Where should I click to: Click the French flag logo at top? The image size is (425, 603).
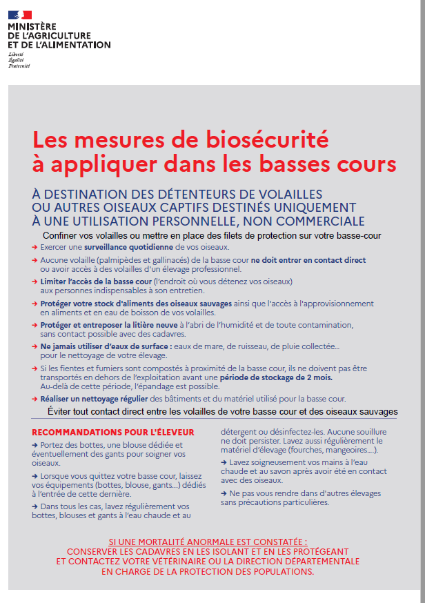coord(20,14)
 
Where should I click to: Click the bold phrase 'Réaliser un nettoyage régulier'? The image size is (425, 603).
coord(96,399)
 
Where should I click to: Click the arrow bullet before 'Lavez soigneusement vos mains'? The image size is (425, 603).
coord(224,462)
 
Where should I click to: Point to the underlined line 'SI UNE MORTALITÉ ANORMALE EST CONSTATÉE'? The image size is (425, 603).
coord(208,543)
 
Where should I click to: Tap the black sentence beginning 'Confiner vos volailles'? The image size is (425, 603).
coord(211,235)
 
